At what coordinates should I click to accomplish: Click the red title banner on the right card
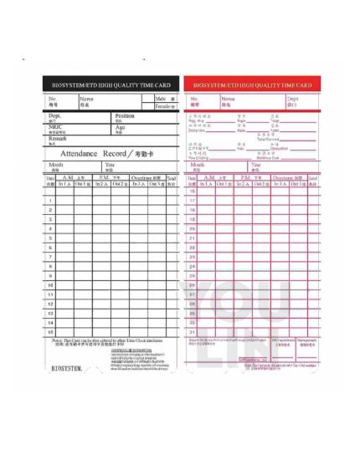(x=252, y=85)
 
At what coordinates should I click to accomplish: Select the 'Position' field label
(x=124, y=116)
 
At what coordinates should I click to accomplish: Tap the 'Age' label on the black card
(x=120, y=127)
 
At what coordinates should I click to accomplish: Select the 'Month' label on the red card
(x=199, y=165)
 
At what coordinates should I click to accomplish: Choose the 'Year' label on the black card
(x=110, y=165)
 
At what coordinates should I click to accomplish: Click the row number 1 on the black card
(x=51, y=201)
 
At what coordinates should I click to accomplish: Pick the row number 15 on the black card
(x=51, y=332)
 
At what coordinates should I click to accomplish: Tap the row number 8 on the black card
(x=51, y=266)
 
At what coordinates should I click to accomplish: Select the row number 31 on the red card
(x=193, y=332)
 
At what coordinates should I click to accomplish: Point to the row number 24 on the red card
(x=193, y=266)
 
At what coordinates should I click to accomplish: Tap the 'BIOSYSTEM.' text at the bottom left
(x=66, y=367)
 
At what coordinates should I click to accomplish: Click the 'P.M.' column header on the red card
(x=246, y=178)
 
